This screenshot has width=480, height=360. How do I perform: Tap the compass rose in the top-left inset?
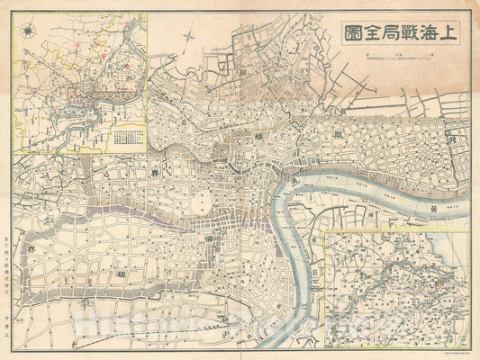tap(31, 31)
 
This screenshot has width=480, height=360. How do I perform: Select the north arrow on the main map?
tap(190, 40)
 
